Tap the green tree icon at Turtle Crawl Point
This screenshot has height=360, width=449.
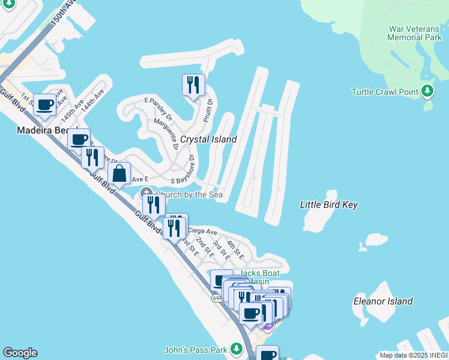(x=427, y=91)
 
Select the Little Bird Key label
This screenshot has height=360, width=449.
(x=328, y=205)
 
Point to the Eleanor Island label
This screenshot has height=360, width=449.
(x=383, y=301)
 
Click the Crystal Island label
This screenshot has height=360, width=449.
(x=208, y=139)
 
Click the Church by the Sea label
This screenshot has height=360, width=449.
(x=189, y=194)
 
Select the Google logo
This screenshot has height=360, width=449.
(x=20, y=353)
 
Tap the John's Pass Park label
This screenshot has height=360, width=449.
(x=195, y=349)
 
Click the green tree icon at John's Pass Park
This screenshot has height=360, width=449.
(x=237, y=349)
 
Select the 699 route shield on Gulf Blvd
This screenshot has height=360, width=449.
(x=217, y=298)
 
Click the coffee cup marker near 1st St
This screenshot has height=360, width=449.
(x=44, y=105)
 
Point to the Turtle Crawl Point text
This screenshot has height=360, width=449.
(x=384, y=92)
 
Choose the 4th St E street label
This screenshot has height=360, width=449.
(x=235, y=249)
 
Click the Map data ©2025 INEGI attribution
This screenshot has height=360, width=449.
(x=414, y=355)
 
